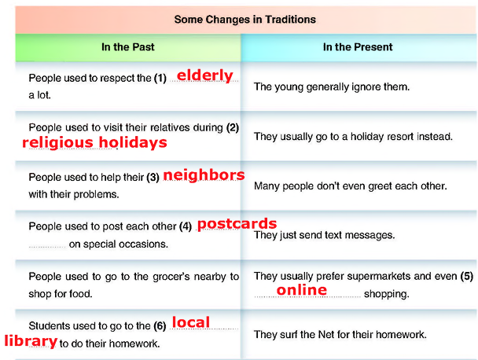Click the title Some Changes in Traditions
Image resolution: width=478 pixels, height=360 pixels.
point(245,20)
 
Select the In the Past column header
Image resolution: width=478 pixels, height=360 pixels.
point(127,47)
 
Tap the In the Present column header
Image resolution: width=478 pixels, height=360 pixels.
point(358,47)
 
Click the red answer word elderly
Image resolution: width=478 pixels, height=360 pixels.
point(205,75)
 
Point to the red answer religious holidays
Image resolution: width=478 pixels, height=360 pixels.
point(94,142)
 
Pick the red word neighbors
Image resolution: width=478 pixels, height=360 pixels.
point(204,175)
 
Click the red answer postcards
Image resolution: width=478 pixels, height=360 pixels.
point(237,224)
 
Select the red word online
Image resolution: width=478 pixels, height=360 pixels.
point(302,289)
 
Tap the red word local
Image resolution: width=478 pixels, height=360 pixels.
point(191,322)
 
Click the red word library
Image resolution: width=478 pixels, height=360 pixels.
point(31,341)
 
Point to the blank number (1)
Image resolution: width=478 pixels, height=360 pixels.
point(160,79)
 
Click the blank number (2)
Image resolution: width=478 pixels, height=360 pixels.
point(233,127)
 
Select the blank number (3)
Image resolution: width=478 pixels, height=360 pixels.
point(153,177)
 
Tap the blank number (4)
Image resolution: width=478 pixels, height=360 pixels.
point(186,226)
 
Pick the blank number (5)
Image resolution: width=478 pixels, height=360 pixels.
point(467,276)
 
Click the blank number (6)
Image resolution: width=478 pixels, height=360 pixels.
point(160,326)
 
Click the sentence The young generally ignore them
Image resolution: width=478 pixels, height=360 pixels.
point(332,87)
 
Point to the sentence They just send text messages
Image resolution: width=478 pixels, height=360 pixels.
point(325,235)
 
